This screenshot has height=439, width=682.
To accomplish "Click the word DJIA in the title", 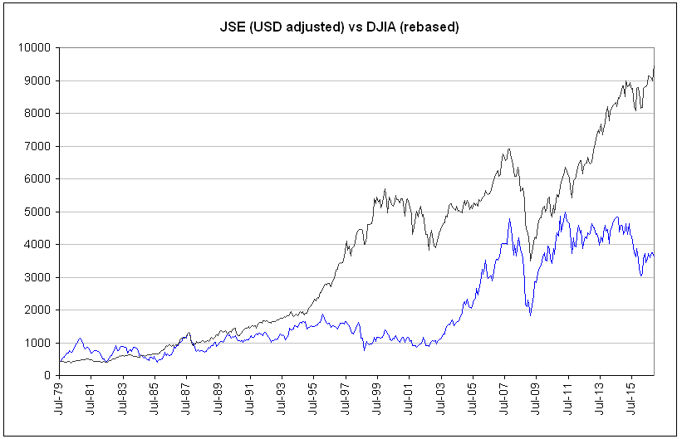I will click(392, 27).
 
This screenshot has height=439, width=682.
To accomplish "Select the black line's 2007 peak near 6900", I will click(508, 149).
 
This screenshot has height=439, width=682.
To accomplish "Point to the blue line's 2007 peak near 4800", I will click(508, 220).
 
